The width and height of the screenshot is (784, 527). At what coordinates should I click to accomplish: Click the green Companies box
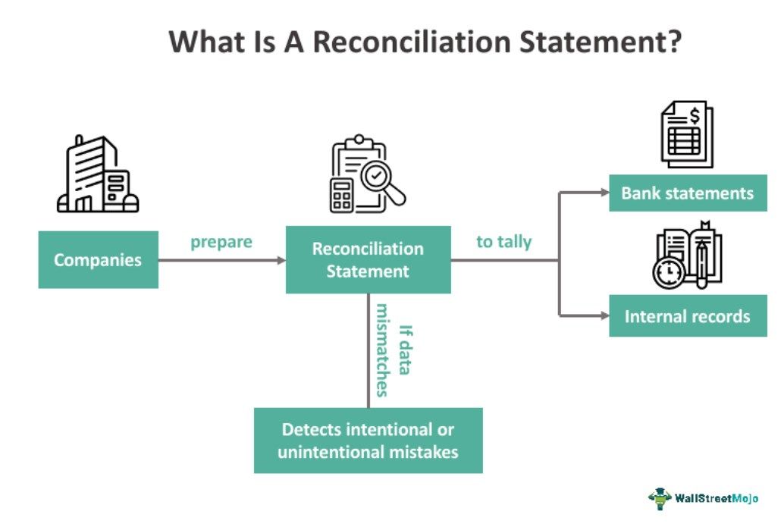coord(98,260)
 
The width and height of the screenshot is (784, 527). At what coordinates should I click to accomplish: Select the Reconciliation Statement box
coord(368,260)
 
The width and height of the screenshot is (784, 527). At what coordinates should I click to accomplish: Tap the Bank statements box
coord(688,193)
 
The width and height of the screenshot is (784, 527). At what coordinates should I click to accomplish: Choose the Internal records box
coord(688,316)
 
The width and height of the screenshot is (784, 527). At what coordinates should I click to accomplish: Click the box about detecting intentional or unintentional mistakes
coord(368,441)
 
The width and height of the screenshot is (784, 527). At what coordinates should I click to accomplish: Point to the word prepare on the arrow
coord(221,243)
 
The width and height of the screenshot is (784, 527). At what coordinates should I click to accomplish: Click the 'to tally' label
coord(503,243)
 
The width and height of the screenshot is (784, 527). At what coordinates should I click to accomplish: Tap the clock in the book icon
coord(668,274)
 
